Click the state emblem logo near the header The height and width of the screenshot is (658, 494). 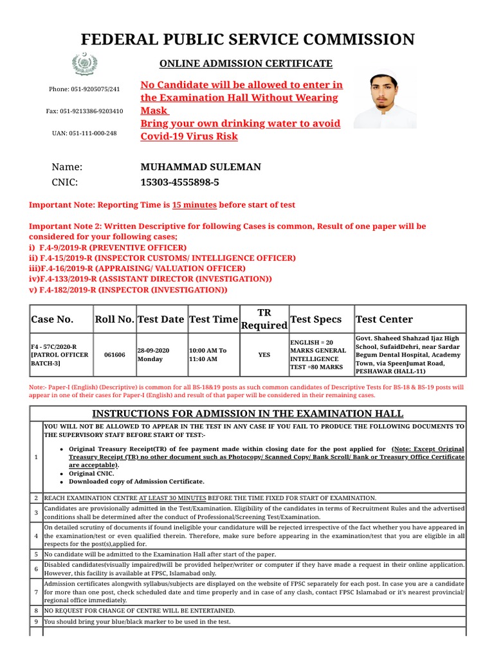pos(84,64)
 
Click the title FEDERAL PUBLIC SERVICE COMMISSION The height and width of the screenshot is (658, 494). pos(247,39)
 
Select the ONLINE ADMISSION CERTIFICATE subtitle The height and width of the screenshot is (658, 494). pos(246,64)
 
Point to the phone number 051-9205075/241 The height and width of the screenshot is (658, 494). pos(84,89)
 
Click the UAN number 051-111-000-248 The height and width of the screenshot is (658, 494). pos(84,133)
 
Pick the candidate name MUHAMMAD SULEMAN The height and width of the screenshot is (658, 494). pos(201,167)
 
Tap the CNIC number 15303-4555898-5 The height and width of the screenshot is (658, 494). pos(179,182)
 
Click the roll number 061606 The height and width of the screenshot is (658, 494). pos(114,354)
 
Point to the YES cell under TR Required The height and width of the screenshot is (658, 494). pos(264,354)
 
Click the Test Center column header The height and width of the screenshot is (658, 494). pos(384,319)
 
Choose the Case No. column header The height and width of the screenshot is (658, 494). pos(52,319)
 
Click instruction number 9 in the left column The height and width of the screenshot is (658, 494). pos(36,622)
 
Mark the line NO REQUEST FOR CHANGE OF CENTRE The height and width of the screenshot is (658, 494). pos(139,610)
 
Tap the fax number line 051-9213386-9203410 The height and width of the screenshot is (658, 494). pos(84,111)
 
